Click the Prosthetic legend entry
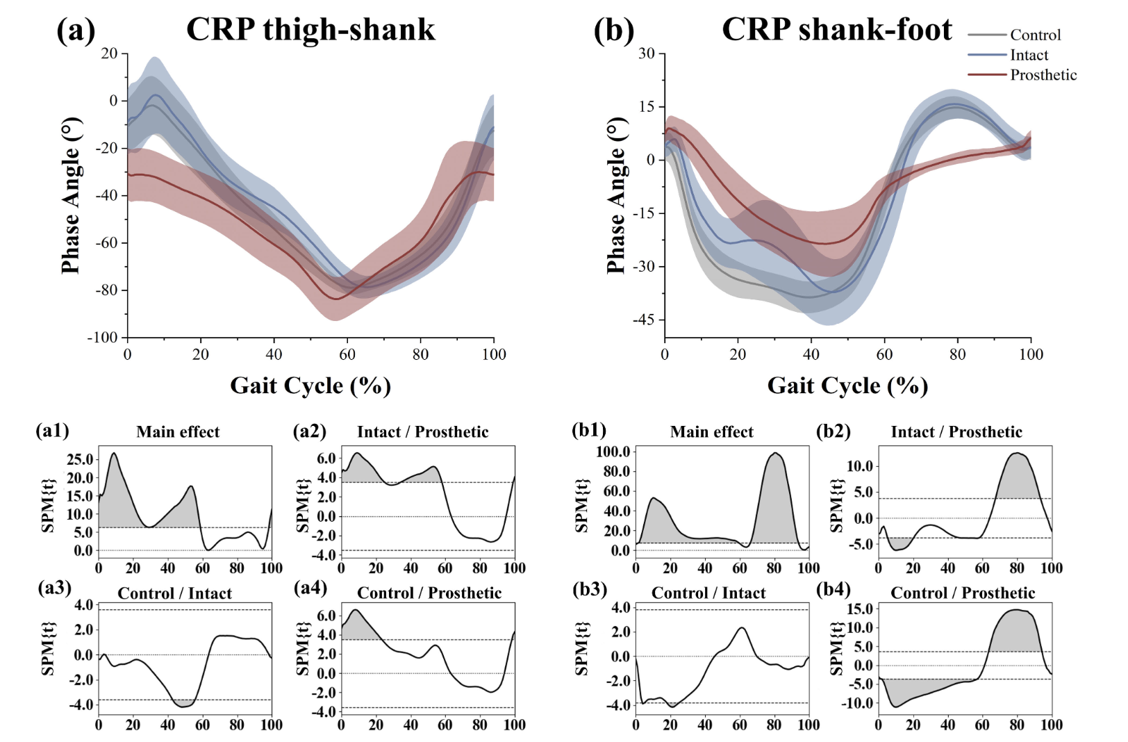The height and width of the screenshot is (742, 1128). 1043,75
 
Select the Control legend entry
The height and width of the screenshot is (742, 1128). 1035,35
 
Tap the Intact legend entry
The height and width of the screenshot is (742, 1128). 1029,55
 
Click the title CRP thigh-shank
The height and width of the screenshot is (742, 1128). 310,30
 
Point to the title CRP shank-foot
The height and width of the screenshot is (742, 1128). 837,30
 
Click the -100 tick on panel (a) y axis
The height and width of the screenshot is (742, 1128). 102,338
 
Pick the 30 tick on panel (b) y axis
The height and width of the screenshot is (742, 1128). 647,53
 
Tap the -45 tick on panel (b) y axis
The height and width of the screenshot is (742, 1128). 643,320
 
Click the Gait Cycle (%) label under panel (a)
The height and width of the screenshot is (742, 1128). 310,386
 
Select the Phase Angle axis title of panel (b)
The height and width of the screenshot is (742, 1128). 616,196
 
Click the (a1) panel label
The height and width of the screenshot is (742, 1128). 52,431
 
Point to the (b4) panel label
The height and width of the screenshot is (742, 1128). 833,590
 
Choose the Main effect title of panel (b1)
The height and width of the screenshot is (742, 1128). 711,432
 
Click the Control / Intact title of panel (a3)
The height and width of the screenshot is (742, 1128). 174,593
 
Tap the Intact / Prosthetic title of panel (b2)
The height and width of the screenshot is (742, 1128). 956,432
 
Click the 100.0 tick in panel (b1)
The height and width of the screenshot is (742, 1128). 613,452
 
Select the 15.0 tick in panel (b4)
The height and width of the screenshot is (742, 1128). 860,609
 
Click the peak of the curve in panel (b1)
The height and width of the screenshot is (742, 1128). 774,453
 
